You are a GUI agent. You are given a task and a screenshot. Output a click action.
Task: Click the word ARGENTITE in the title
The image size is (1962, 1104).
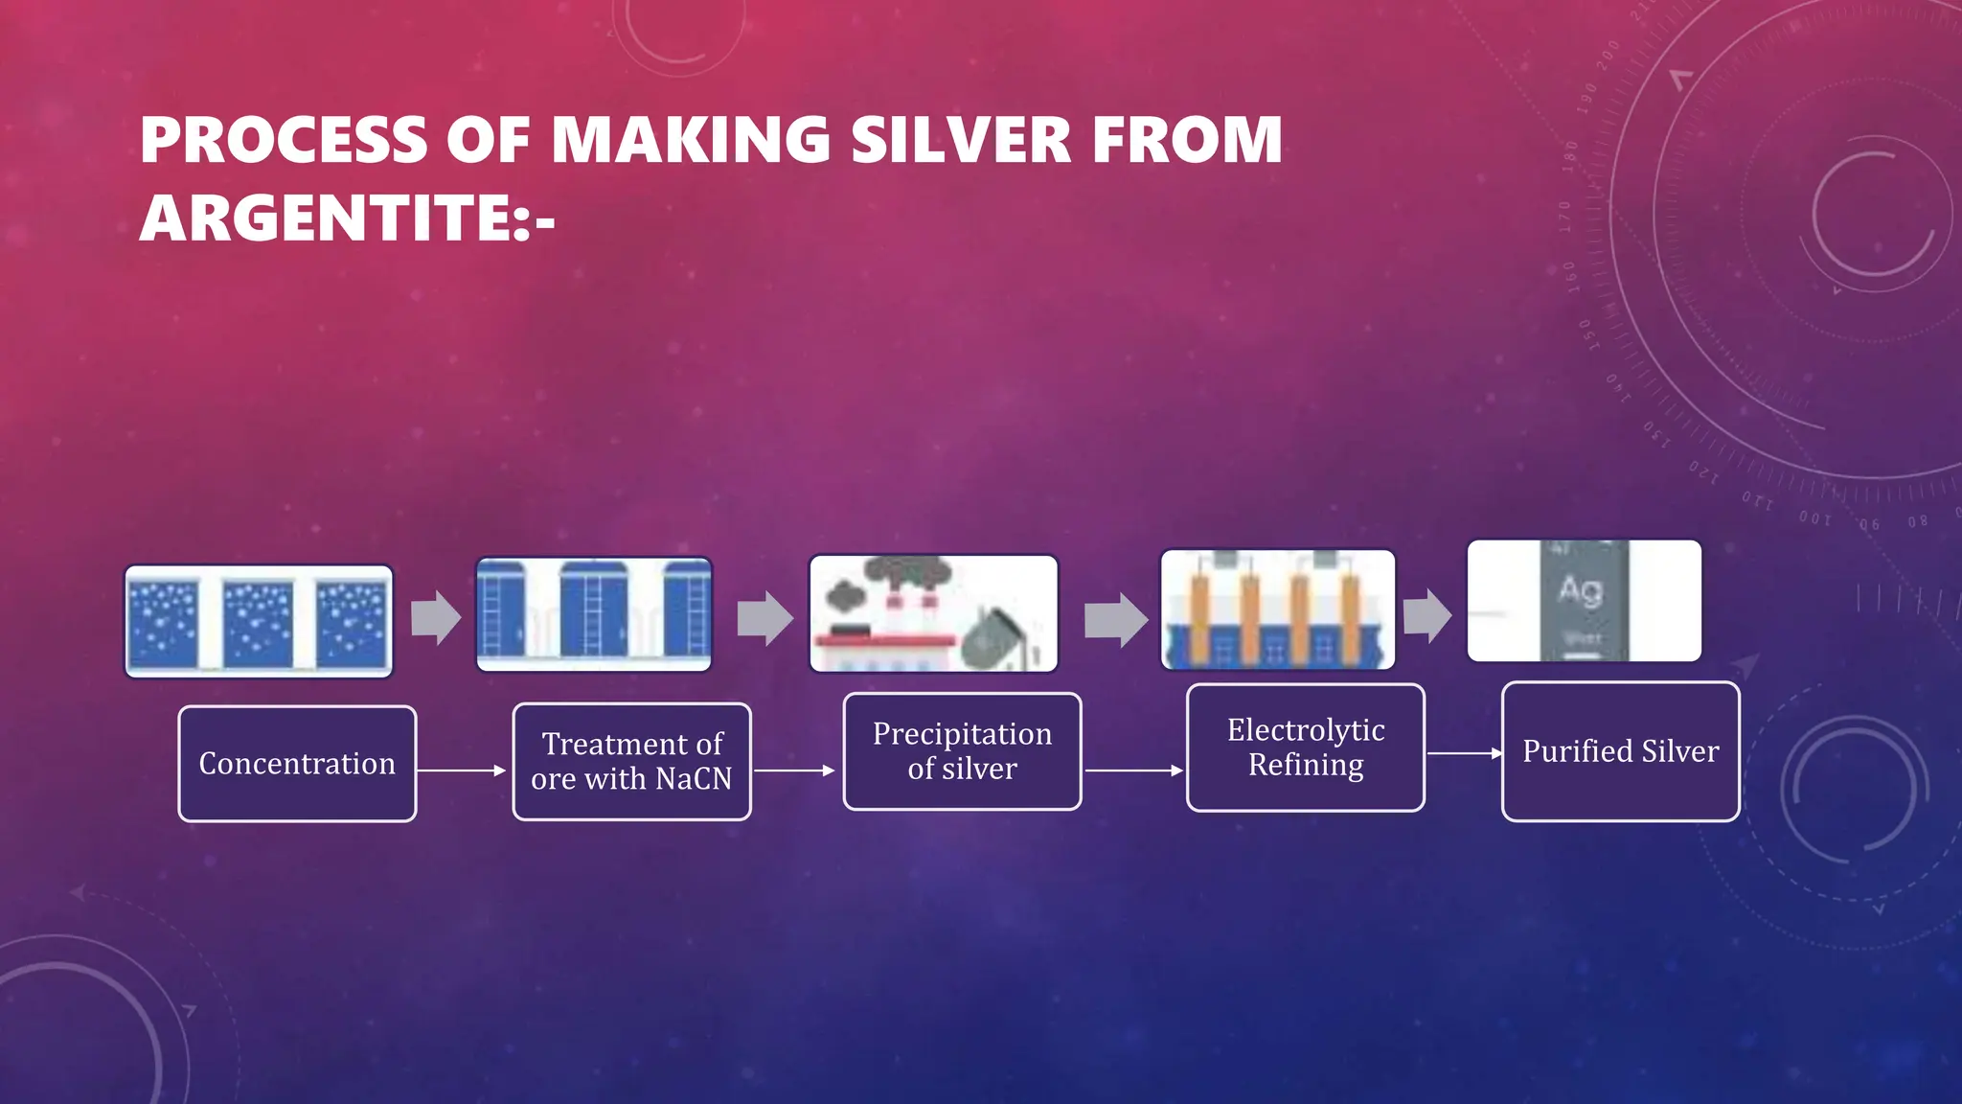[325, 218]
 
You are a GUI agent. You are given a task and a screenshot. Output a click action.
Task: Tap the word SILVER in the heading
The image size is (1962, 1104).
[961, 140]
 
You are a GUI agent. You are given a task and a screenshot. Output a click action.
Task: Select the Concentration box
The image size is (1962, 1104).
[297, 764]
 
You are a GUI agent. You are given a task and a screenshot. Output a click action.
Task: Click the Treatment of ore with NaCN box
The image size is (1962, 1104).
[631, 762]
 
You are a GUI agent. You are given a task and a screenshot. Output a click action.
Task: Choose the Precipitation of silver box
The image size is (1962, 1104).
[962, 751]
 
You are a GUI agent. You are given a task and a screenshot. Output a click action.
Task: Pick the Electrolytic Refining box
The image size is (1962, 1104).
[1305, 747]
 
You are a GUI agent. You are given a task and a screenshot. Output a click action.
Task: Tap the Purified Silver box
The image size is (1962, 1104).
[1620, 751]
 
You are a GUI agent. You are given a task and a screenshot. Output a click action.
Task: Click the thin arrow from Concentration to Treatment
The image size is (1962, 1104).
[461, 770]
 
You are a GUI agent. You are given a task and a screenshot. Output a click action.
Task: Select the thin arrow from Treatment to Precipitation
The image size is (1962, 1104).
[793, 770]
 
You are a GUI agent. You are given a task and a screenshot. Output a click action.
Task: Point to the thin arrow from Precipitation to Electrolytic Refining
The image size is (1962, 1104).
[1133, 770]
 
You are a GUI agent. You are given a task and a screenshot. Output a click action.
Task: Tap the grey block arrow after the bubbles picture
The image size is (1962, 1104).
[436, 617]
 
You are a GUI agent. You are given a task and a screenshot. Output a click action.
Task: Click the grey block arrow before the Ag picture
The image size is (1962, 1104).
[1427, 614]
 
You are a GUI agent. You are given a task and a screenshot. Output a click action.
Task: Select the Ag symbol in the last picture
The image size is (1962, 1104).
[1581, 588]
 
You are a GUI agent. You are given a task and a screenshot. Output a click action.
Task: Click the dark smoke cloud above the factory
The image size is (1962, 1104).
[907, 573]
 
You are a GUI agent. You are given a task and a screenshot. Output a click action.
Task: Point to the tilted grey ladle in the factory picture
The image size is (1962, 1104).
[991, 638]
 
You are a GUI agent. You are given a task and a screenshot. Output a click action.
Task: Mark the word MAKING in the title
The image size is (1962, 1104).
[690, 140]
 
